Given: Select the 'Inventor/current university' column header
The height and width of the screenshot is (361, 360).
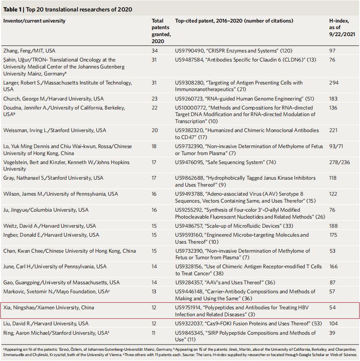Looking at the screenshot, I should [x=34, y=21].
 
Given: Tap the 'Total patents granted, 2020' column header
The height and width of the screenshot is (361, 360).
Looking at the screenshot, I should [x=161, y=31].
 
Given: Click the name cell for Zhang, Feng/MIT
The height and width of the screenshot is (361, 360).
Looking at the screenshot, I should [x=29, y=51].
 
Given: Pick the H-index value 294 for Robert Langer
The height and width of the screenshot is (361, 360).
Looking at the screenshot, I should [x=334, y=82].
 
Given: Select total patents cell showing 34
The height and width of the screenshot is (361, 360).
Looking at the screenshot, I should [x=155, y=51].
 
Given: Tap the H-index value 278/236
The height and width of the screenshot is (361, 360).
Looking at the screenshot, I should [x=339, y=162].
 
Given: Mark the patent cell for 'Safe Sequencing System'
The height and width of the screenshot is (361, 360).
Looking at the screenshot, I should [x=225, y=162].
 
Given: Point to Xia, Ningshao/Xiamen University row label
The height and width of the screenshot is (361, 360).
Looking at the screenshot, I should [x=48, y=308].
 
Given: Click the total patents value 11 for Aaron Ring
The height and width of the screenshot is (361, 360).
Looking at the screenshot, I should [x=154, y=333].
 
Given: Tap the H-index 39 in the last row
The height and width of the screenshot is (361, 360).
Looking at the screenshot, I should [x=332, y=333].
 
